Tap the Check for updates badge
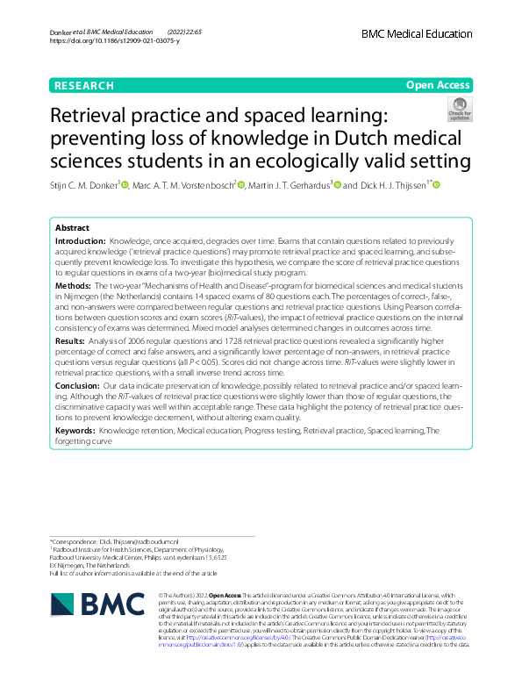click(459, 109)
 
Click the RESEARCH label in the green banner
click(83, 86)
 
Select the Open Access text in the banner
click(439, 86)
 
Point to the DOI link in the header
click(115, 41)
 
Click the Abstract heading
click(73, 226)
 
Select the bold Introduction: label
click(80, 240)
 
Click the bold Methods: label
click(73, 287)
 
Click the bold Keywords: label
click(75, 430)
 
